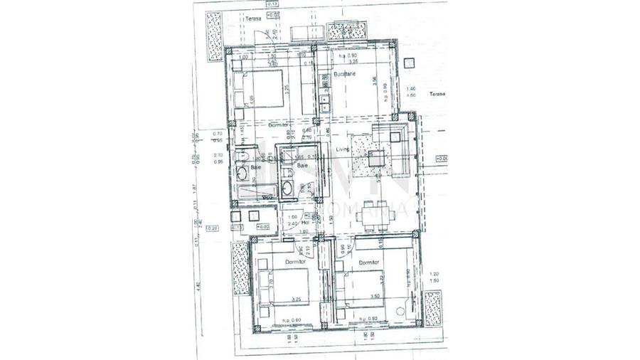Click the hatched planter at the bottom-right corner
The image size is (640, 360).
point(432,308)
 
